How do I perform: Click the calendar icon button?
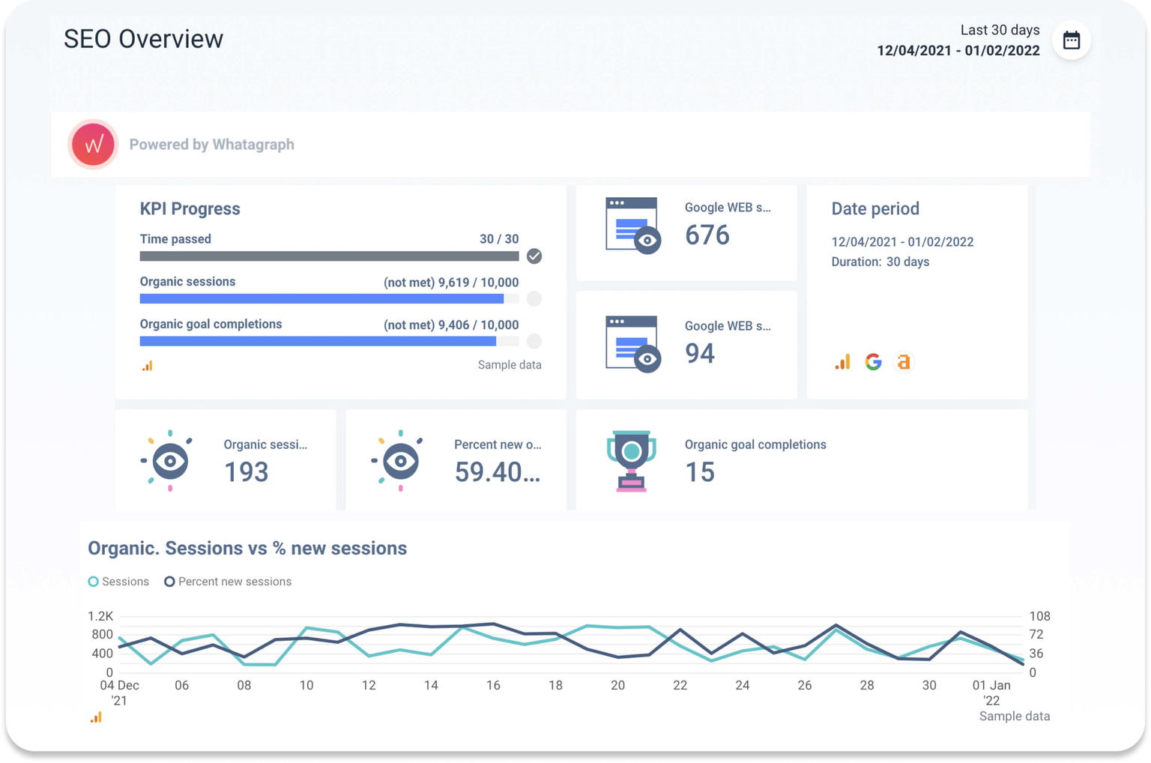coord(1071,40)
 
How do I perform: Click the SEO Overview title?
coord(143,39)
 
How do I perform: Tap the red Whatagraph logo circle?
coord(94,144)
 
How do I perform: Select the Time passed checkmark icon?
coord(534,256)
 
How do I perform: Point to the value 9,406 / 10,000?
coord(478,325)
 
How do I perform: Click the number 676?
coord(707,235)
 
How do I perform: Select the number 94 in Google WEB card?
coord(699,353)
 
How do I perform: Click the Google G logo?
coord(873,362)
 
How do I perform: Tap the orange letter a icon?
coord(904,362)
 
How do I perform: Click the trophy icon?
coord(631,460)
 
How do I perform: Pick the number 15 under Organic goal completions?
coord(699,472)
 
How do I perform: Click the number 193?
coord(246,472)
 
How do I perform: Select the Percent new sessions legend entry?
coord(228,582)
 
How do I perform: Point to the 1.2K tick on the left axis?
coord(100,616)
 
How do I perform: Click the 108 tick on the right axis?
coord(1039,616)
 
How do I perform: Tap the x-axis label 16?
coord(493,685)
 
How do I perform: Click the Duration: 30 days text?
coord(880,262)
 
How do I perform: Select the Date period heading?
coord(874,209)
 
